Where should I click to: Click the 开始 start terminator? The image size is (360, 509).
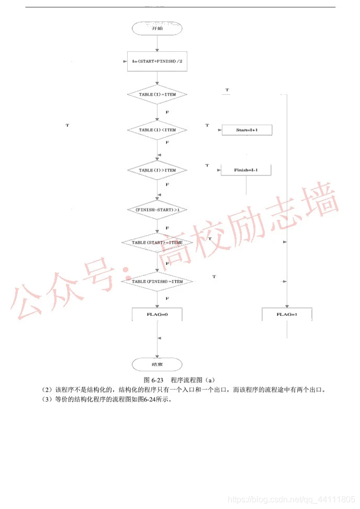pyautogui.click(x=157, y=28)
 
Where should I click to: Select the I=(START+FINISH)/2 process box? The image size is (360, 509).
pyautogui.click(x=157, y=61)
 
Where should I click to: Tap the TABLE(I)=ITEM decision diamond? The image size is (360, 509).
pyautogui.click(x=157, y=94)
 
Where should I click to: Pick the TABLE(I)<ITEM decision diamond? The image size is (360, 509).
pyautogui.click(x=157, y=130)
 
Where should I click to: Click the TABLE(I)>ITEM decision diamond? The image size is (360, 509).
pyautogui.click(x=157, y=170)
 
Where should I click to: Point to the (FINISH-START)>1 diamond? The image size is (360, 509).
pyautogui.click(x=157, y=209)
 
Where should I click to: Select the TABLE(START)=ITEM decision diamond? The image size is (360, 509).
pyautogui.click(x=157, y=243)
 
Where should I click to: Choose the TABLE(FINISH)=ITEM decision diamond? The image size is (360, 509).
pyautogui.click(x=157, y=281)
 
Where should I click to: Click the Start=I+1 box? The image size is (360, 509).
pyautogui.click(x=246, y=130)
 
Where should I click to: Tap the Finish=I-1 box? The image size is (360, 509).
pyautogui.click(x=246, y=170)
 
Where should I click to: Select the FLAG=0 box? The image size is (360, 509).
pyautogui.click(x=157, y=314)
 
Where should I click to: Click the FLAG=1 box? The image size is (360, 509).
pyautogui.click(x=287, y=314)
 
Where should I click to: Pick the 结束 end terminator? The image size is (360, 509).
pyautogui.click(x=157, y=364)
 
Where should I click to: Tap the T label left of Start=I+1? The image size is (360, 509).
pyautogui.click(x=207, y=126)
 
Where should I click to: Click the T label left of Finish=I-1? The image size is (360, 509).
pyautogui.click(x=207, y=165)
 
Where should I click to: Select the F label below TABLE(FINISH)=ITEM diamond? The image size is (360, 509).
pyautogui.click(x=167, y=298)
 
